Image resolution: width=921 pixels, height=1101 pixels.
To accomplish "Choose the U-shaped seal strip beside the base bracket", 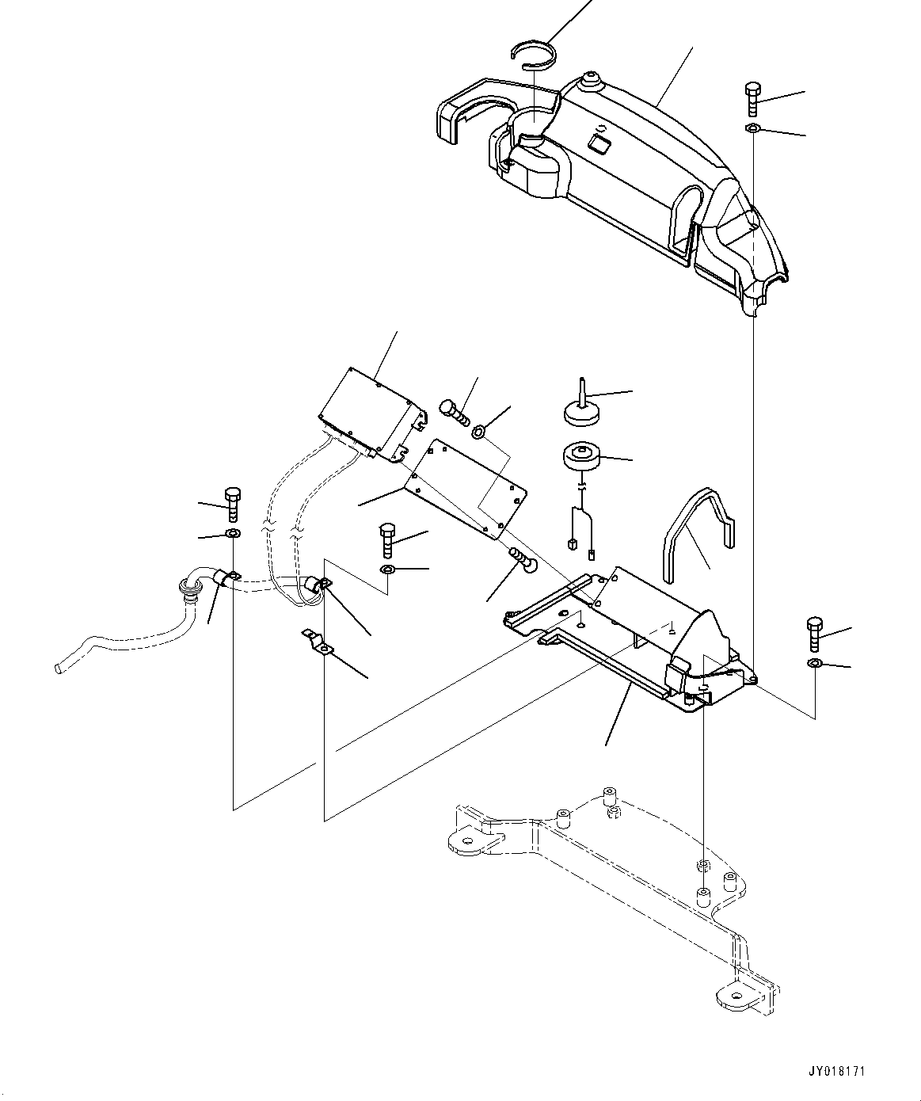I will (x=696, y=526).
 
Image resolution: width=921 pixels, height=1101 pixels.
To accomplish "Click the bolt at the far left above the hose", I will (x=232, y=505).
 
